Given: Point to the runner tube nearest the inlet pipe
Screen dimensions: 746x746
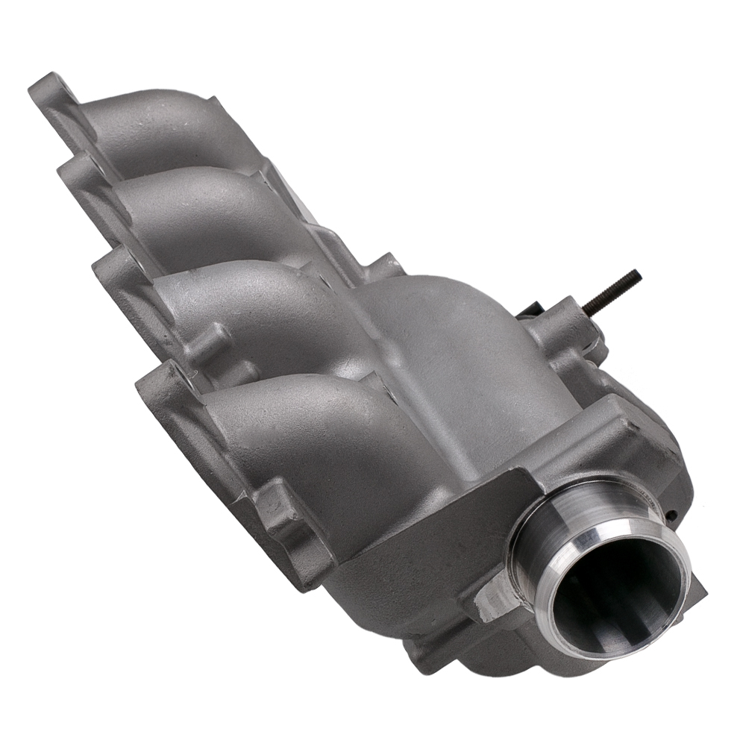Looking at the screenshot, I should [298, 418].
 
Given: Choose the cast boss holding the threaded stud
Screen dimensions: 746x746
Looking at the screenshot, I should [567, 328].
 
